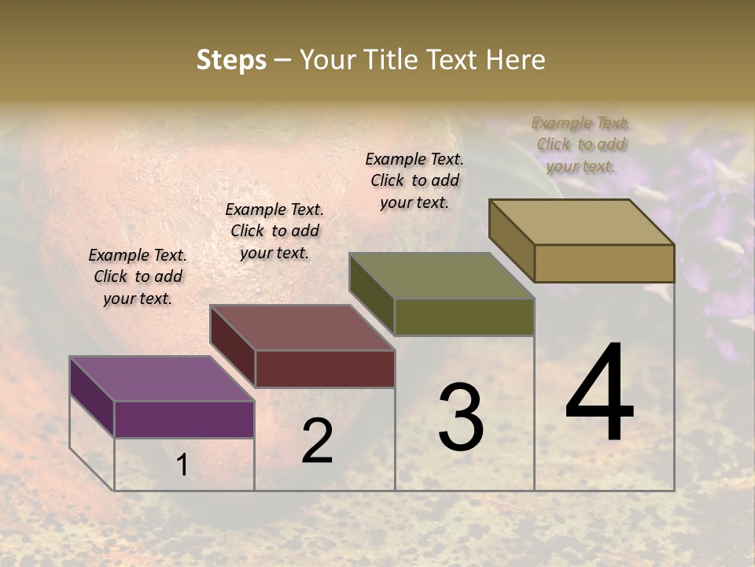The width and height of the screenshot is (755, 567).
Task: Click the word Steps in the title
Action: (231, 60)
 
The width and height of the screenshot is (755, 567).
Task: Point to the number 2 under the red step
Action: (317, 441)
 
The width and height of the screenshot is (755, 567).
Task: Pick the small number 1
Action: (182, 465)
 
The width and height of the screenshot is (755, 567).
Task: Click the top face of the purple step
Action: (161, 379)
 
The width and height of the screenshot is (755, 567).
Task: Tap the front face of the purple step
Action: (184, 419)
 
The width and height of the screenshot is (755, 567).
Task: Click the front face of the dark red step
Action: (325, 369)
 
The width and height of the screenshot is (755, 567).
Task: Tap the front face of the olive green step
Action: (464, 317)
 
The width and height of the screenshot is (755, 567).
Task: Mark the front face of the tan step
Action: (604, 263)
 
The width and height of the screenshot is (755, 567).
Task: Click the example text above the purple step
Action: (138, 276)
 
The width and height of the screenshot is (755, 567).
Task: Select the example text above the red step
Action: (274, 231)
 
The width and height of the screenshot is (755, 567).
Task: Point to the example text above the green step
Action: (414, 180)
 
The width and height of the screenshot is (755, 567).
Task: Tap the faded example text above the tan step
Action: (580, 144)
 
